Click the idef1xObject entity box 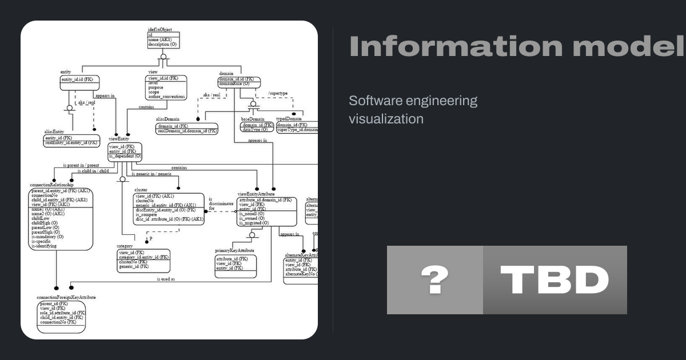[x=163, y=40]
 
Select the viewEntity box [x=125, y=151]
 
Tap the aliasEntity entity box [x=71, y=141]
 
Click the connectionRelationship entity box [x=61, y=219]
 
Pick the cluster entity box [x=169, y=209]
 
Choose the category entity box [x=143, y=261]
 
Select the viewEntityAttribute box [x=267, y=211]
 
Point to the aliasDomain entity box [x=187, y=129]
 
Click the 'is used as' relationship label [x=166, y=279]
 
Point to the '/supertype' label [x=278, y=93]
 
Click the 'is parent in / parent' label [x=81, y=166]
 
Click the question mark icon [x=434, y=280]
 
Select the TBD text [x=555, y=280]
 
